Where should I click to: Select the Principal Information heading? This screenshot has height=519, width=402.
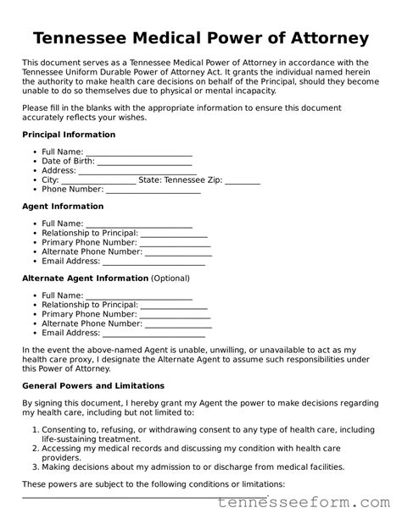pyautogui.click(x=68, y=135)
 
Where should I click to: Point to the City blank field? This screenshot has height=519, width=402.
pyautogui.click(x=98, y=180)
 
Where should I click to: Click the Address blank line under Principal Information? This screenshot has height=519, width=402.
pyautogui.click(x=135, y=171)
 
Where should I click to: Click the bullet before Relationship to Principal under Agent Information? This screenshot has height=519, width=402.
pyautogui.click(x=35, y=233)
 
